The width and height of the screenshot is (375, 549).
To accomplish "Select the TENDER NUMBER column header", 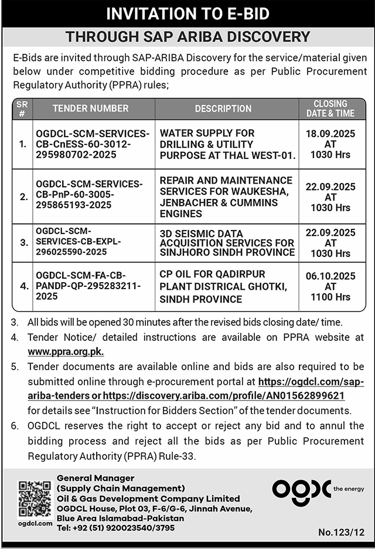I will coord(90,109).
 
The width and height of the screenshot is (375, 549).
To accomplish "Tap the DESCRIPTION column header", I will coord(223,109).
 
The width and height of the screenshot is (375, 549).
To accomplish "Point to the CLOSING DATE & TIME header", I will coord(330,109).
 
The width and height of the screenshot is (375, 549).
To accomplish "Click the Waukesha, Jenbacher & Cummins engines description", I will coord(226,196).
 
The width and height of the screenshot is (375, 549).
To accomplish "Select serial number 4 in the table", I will coord(23,286).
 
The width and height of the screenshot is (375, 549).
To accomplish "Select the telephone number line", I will coord(115,527).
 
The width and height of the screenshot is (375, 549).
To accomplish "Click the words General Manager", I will coord(96,478).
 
